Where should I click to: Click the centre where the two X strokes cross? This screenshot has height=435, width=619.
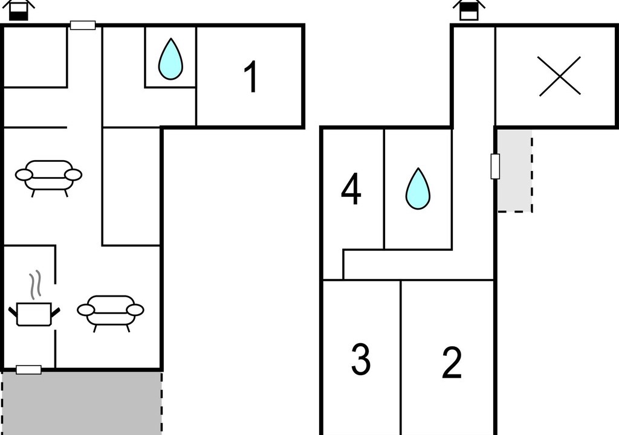pyautogui.click(x=560, y=76)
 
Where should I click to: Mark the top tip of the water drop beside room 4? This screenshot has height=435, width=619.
pyautogui.click(x=418, y=168)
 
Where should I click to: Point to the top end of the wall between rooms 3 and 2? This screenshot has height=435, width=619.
pyautogui.click(x=401, y=281)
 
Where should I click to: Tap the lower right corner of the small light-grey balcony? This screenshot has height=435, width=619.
pyautogui.click(x=532, y=211)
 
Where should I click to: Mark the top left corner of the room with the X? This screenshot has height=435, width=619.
pyautogui.click(x=496, y=27)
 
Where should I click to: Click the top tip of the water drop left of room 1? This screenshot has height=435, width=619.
pyautogui.click(x=170, y=38)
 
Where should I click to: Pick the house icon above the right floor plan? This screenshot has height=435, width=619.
pyautogui.click(x=468, y=10)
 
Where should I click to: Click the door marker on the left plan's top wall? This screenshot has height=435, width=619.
pyautogui.click(x=83, y=25)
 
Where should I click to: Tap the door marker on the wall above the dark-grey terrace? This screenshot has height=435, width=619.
pyautogui.click(x=28, y=370)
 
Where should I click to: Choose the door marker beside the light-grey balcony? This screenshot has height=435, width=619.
pyautogui.click(x=496, y=166)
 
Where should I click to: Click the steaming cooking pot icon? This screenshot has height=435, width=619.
pyautogui.click(x=34, y=299)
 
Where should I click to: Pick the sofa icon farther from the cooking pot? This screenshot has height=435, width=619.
pyautogui.click(x=48, y=178)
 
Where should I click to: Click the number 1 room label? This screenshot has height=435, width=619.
pyautogui.click(x=251, y=77)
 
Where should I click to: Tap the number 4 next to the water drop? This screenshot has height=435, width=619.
pyautogui.click(x=351, y=190)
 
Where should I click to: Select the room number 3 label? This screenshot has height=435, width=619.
pyautogui.click(x=361, y=359)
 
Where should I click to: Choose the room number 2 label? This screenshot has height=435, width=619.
pyautogui.click(x=452, y=362)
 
